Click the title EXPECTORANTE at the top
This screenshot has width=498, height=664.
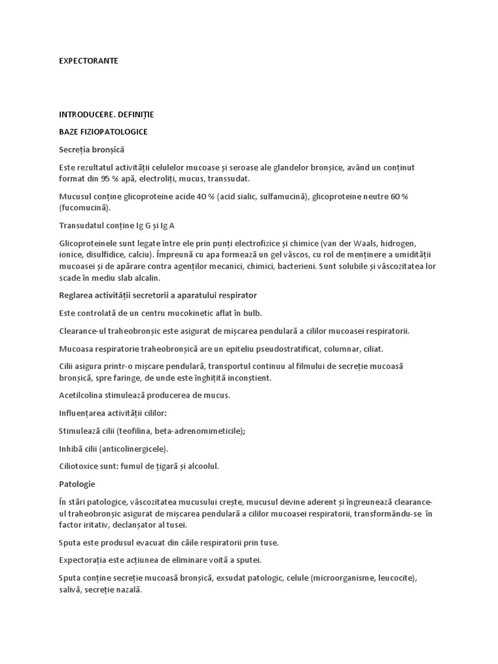[x=88, y=62]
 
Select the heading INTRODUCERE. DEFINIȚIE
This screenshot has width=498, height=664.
[x=106, y=114]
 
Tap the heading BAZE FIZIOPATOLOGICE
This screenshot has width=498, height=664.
[x=103, y=132]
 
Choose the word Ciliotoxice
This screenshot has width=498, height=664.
[x=80, y=466]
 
